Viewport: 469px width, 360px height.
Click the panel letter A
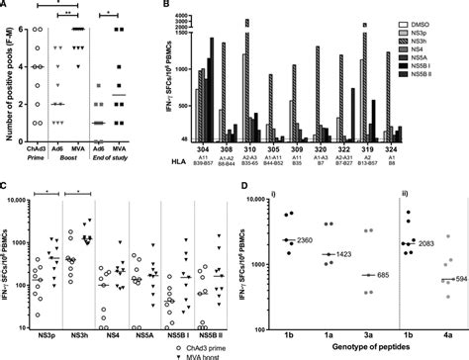coord(6,7)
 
